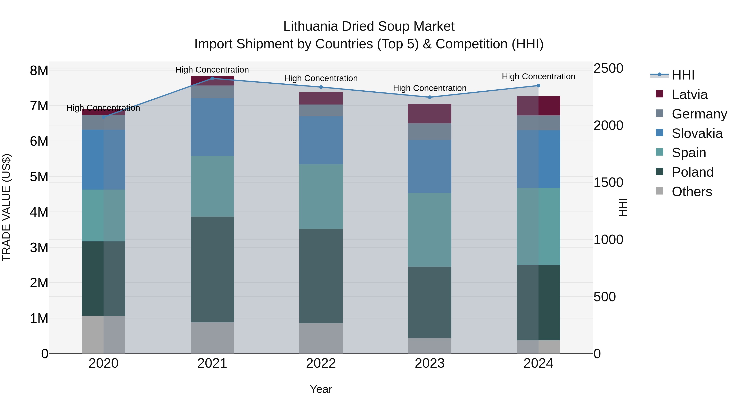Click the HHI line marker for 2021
[x=212, y=78]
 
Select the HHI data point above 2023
[x=429, y=97]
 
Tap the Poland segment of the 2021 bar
[x=212, y=269]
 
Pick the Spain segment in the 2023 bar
[x=429, y=230]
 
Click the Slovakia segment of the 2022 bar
[x=321, y=140]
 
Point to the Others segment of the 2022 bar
[x=321, y=338]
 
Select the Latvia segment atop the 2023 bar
[x=429, y=114]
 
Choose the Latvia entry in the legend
[x=689, y=94]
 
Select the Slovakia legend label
[x=697, y=133]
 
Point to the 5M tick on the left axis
[x=39, y=177]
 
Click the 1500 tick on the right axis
[x=608, y=182]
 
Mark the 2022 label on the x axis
[x=321, y=363]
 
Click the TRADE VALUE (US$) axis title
[x=6, y=207]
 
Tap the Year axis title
[x=321, y=389]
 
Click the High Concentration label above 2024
[x=538, y=76]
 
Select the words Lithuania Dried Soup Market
[x=369, y=26]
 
